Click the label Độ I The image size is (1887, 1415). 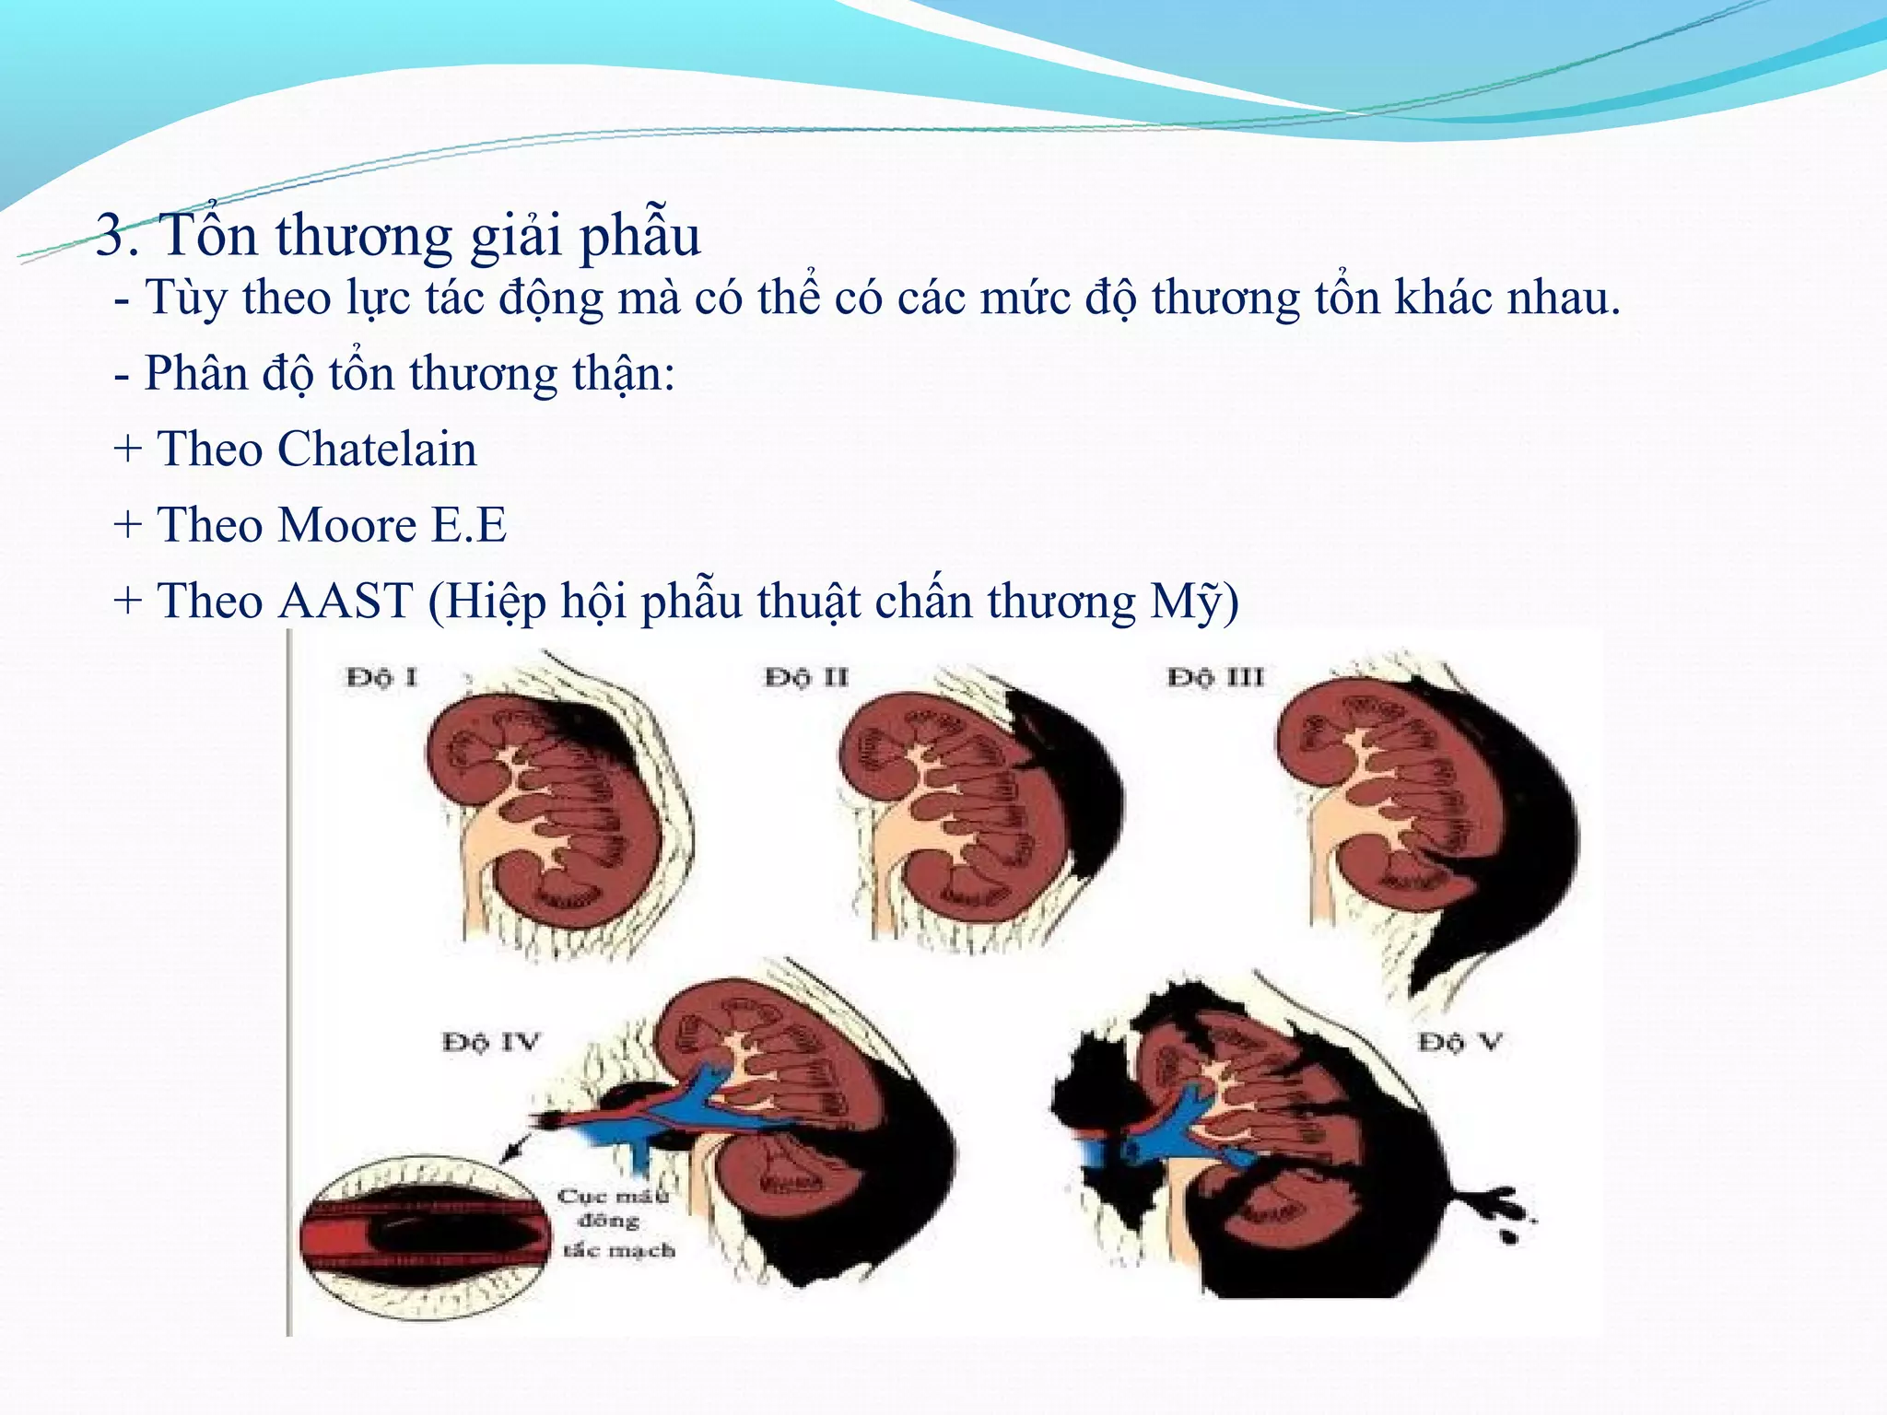[x=381, y=678]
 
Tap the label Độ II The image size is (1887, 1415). [x=806, y=678]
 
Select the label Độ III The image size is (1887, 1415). [x=1215, y=678]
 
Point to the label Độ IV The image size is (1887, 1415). [x=490, y=1043]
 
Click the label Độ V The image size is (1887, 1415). [x=1459, y=1043]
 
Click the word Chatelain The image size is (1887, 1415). [x=377, y=450]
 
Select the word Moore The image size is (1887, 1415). [x=347, y=526]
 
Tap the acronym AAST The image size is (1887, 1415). [x=345, y=602]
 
